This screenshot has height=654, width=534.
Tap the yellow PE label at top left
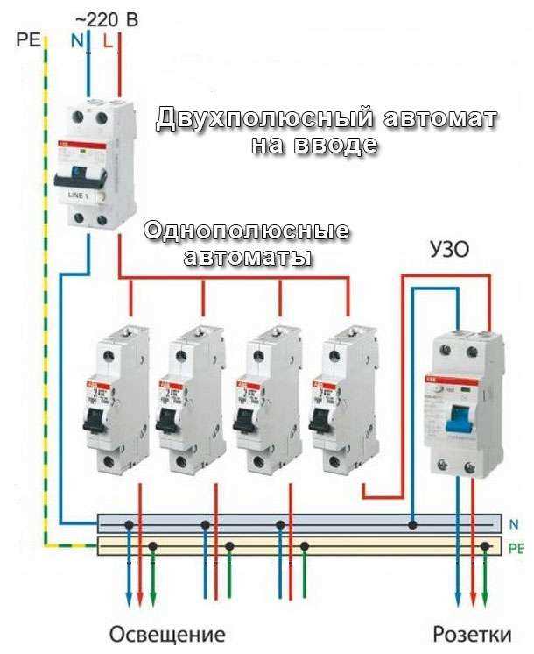click(29, 40)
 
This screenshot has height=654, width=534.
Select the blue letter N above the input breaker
click(75, 40)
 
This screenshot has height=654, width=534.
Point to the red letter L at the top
click(107, 40)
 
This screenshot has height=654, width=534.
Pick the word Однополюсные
click(247, 233)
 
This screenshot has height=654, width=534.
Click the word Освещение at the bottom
click(167, 635)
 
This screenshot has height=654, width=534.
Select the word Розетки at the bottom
click(473, 635)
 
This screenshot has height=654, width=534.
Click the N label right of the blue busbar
click(513, 524)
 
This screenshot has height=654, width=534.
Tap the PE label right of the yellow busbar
click(516, 548)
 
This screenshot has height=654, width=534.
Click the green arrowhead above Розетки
click(487, 600)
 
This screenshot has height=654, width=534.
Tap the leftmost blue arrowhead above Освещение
click(129, 600)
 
